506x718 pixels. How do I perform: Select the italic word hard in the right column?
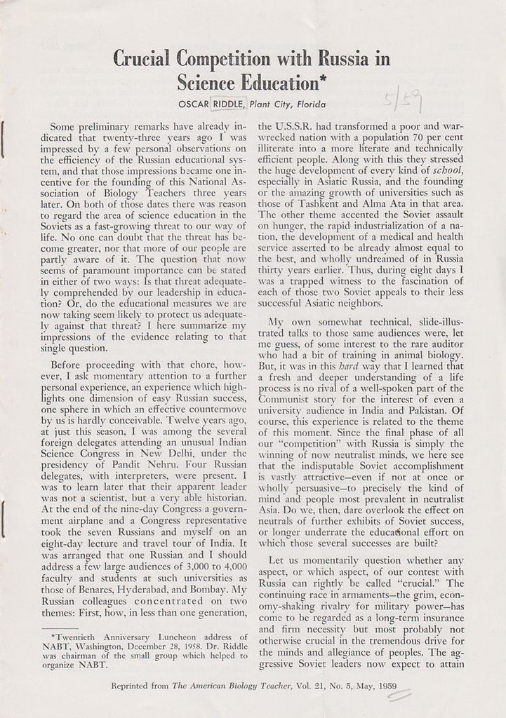pyautogui.click(x=352, y=365)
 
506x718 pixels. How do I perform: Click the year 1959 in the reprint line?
pyautogui.click(x=383, y=686)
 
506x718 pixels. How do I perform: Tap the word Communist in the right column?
pyautogui.click(x=291, y=398)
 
